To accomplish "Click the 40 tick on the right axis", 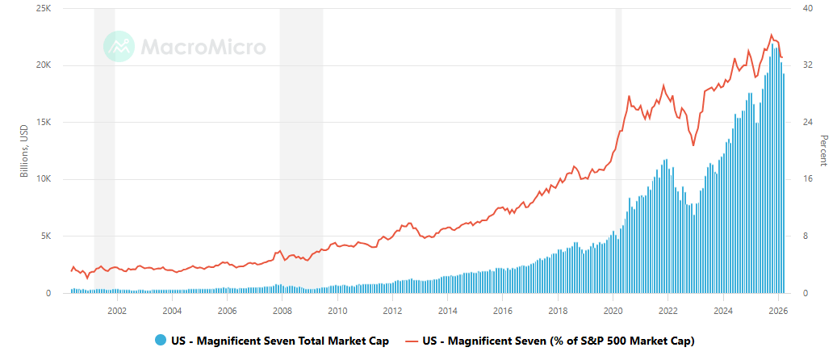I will (x=806, y=8).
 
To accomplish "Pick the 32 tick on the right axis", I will (x=806, y=65).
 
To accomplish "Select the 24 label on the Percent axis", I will (x=806, y=123).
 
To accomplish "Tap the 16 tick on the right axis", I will (x=806, y=179).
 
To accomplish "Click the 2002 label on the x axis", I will (x=117, y=310).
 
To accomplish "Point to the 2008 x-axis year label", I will (x=282, y=310).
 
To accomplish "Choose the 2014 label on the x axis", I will (x=447, y=310).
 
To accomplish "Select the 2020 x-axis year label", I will (x=613, y=310).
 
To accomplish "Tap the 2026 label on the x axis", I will (x=777, y=310).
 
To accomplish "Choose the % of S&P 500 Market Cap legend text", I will (x=558, y=341).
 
